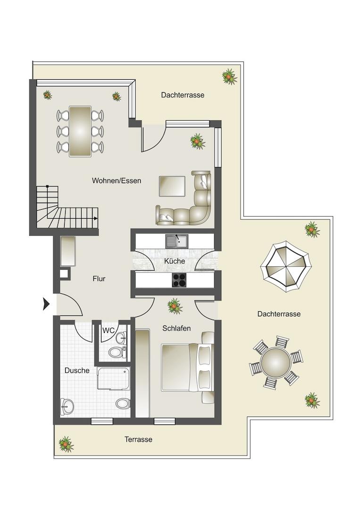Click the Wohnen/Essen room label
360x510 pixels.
[x=117, y=180]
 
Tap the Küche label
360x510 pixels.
[x=175, y=261]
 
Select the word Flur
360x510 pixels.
[x=99, y=279]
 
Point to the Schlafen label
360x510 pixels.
[x=176, y=328]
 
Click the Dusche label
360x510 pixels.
[x=77, y=371]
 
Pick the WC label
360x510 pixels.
[x=108, y=331]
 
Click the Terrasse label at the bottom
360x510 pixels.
[x=138, y=440]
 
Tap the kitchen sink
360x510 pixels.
[x=177, y=241]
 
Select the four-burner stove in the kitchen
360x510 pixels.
[x=179, y=280]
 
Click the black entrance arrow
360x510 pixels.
[x=46, y=304]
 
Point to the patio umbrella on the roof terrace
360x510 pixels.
[x=286, y=267]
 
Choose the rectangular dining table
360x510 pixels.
[x=80, y=131]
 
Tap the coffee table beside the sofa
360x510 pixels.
[x=172, y=187]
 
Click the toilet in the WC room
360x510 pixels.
[x=117, y=352]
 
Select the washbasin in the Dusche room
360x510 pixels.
[x=67, y=407]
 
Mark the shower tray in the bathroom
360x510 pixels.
[x=114, y=378]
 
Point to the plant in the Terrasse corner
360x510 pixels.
[x=66, y=444]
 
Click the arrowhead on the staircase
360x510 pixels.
[x=96, y=219]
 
